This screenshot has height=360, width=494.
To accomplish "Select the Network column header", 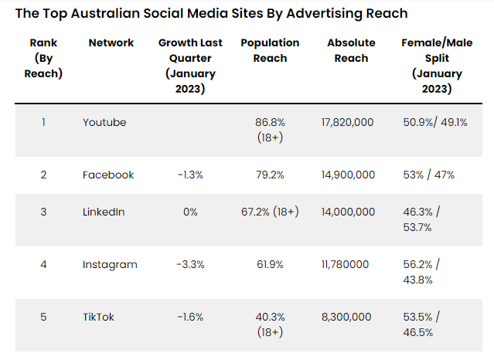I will [111, 43].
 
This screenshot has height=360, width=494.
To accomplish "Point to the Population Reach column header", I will [270, 50].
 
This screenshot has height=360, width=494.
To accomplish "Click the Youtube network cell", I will [104, 122].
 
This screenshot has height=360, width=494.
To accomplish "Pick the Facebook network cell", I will [108, 175].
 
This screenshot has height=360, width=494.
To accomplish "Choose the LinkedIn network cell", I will [104, 212].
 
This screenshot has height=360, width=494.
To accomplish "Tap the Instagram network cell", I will [110, 264].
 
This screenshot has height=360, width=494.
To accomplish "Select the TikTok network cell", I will [99, 317].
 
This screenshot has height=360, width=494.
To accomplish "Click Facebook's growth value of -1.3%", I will [190, 175].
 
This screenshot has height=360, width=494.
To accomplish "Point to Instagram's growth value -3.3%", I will [190, 264].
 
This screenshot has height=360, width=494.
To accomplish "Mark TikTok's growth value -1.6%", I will [190, 317].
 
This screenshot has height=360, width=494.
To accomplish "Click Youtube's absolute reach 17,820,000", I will [347, 122].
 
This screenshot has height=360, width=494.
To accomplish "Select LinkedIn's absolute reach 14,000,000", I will [348, 212].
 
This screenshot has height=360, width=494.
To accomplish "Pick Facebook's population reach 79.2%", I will [270, 175].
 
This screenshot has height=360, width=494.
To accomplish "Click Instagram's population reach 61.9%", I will [270, 264].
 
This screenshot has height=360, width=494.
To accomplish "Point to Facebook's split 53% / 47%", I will [429, 175].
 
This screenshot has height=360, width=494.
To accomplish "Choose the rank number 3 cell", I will [43, 212].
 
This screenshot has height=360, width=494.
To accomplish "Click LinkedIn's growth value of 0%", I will [190, 212].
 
